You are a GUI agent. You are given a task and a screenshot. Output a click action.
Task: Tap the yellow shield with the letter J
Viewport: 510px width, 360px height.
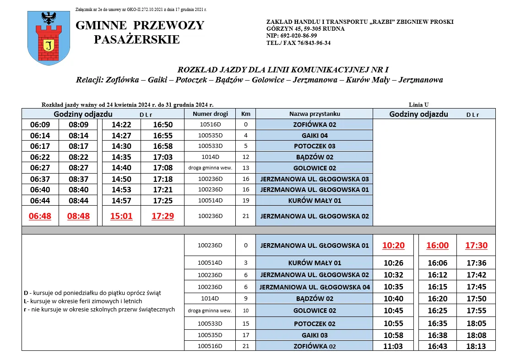49,44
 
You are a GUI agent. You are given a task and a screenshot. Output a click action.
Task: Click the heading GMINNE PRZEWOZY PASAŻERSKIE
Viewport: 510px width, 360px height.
140,32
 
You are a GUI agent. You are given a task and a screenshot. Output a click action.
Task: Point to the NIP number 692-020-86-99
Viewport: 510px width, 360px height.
292,36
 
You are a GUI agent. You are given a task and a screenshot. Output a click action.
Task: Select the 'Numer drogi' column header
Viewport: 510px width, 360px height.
210,114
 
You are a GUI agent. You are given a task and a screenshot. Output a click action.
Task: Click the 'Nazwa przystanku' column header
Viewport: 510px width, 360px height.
314,114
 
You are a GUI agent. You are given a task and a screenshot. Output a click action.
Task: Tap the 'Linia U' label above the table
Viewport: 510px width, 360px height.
418,105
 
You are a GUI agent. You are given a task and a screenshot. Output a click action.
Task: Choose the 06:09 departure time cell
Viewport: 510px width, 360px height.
40,125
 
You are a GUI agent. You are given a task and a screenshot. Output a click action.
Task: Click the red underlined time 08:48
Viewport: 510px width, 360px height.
79,216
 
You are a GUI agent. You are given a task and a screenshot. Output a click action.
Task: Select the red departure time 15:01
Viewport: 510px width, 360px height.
121,216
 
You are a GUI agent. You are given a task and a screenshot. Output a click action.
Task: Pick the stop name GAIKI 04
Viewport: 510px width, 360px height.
315,136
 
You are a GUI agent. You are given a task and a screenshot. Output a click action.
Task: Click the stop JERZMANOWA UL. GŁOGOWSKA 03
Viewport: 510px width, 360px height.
315,179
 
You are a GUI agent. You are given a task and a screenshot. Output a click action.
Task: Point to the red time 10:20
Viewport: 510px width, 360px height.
394,245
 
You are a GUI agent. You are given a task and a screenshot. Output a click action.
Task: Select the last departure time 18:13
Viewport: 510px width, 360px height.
476,346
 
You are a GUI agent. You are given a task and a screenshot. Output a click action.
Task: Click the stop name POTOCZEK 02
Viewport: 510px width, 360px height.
315,324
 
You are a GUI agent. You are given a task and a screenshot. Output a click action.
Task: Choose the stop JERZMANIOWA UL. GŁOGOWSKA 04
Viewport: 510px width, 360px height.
315,288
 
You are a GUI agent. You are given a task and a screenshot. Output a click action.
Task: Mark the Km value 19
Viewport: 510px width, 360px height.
245,200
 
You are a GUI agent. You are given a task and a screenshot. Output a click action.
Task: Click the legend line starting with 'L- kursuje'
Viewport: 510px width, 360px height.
83,301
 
